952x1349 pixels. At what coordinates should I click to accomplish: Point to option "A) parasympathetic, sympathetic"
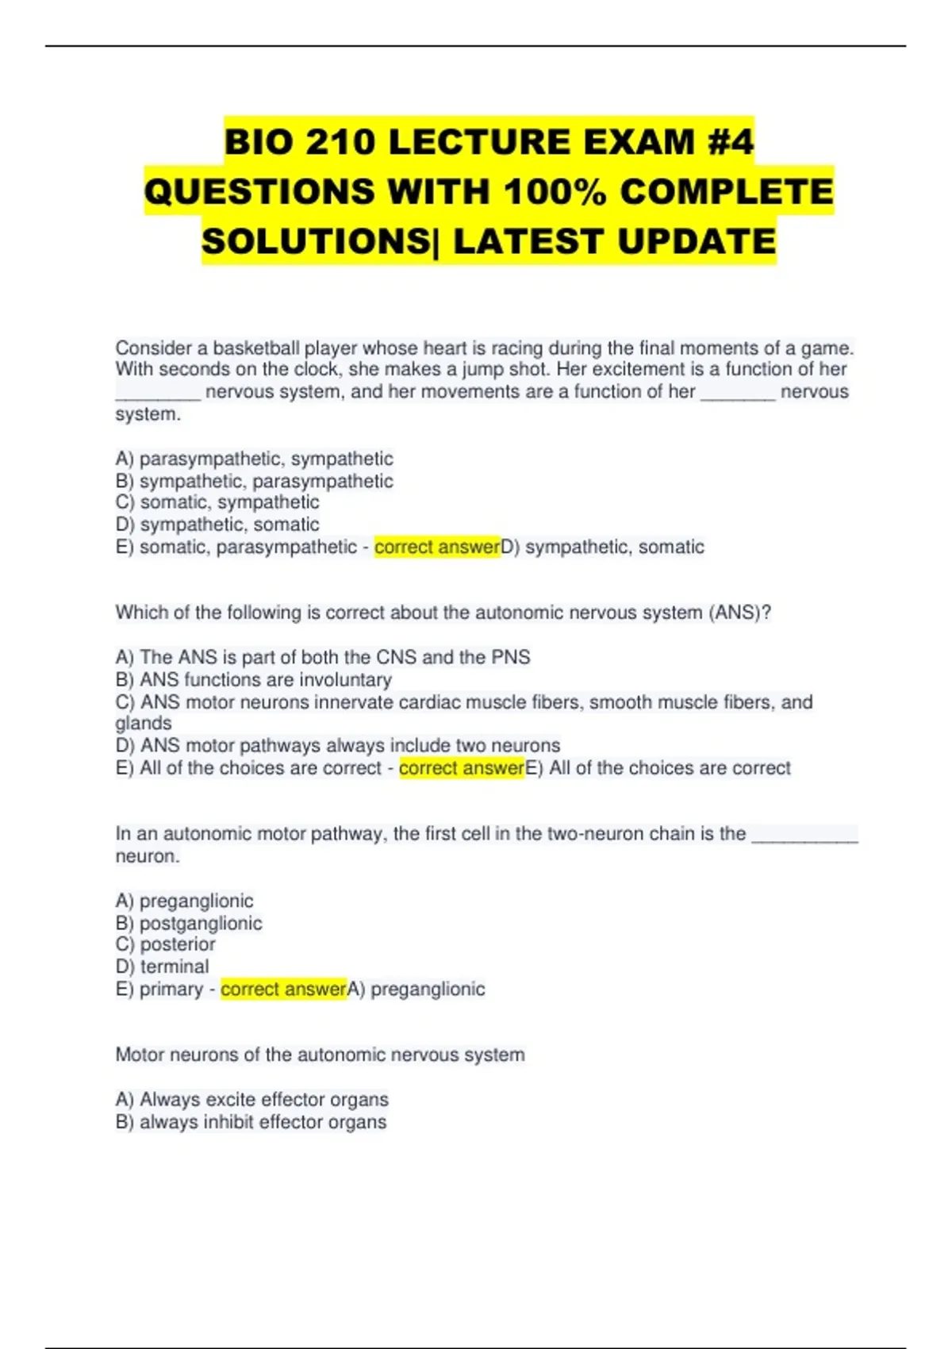pyautogui.click(x=254, y=459)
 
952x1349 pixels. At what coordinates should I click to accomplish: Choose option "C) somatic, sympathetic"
pyautogui.click(x=217, y=502)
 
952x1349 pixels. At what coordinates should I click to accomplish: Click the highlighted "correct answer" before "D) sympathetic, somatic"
pyautogui.click(x=437, y=547)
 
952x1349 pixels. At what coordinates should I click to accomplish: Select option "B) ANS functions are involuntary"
pyautogui.click(x=253, y=679)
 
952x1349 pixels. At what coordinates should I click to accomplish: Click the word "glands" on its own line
pyautogui.click(x=144, y=723)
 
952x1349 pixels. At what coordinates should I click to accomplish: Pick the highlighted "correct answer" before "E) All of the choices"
pyautogui.click(x=462, y=768)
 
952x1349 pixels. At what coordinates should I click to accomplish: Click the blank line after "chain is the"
pyautogui.click(x=804, y=833)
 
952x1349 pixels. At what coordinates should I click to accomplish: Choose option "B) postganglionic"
pyautogui.click(x=189, y=923)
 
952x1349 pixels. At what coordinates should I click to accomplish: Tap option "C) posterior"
pyautogui.click(x=165, y=944)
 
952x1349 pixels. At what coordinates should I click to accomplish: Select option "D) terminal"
pyautogui.click(x=162, y=967)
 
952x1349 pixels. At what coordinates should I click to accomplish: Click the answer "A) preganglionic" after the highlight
pyautogui.click(x=416, y=989)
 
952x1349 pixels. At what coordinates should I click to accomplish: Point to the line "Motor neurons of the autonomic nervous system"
pyautogui.click(x=320, y=1055)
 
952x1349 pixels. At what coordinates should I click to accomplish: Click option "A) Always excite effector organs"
pyautogui.click(x=251, y=1099)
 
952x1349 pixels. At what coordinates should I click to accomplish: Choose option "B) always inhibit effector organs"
pyautogui.click(x=251, y=1122)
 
